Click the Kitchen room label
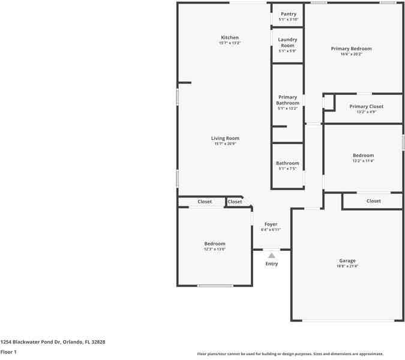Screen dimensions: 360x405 (x=229, y=38)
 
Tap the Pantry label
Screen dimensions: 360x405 (x=287, y=14)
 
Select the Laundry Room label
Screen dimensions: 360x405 (x=287, y=43)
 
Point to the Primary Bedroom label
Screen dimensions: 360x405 (x=351, y=49)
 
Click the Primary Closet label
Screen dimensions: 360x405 (x=366, y=106)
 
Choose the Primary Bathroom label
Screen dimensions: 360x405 (x=287, y=100)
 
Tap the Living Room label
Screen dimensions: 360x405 (x=225, y=139)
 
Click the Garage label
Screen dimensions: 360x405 (x=347, y=260)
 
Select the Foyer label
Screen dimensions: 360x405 (x=271, y=224)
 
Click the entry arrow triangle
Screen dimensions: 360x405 (x=272, y=256)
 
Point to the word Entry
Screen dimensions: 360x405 (x=272, y=264)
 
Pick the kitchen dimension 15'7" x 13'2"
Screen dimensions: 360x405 (x=229, y=43)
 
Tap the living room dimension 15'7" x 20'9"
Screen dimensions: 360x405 (x=225, y=144)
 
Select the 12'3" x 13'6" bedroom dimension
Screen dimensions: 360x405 (x=214, y=249)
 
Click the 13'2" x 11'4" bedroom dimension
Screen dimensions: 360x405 (x=363, y=161)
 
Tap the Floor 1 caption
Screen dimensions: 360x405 (x=8, y=352)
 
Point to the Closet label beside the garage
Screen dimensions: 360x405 (x=373, y=201)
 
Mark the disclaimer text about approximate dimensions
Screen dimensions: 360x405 (x=290, y=354)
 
